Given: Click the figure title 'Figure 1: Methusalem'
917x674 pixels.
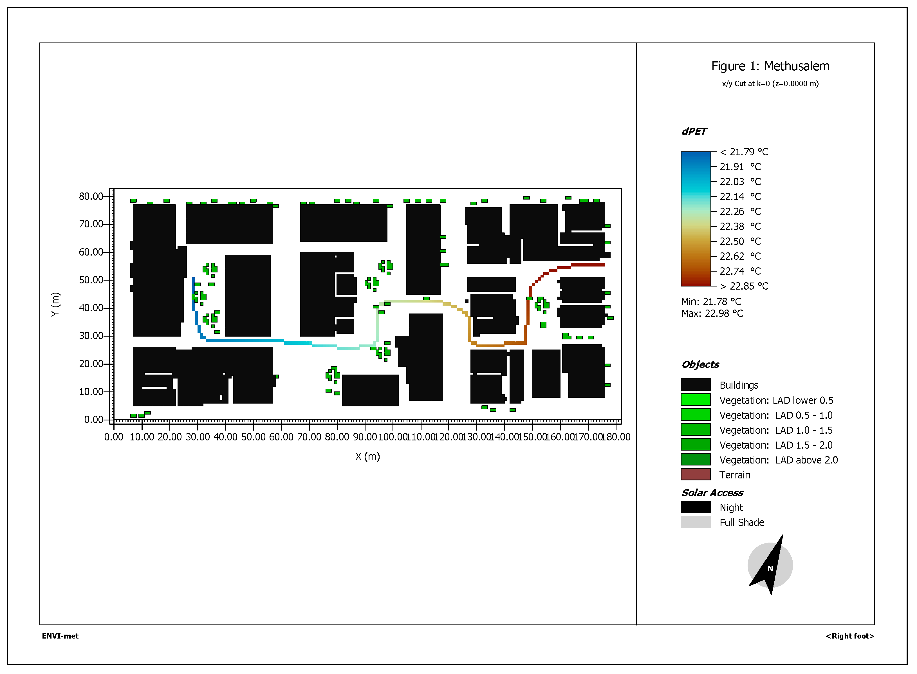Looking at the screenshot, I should pyautogui.click(x=770, y=66).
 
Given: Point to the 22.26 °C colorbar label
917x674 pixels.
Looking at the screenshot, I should pyautogui.click(x=739, y=211).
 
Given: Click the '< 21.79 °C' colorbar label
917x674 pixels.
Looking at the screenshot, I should pyautogui.click(x=744, y=152).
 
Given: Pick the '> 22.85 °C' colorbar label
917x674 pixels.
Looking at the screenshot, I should pyautogui.click(x=744, y=286).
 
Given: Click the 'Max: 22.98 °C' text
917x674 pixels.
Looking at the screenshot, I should pyautogui.click(x=712, y=313).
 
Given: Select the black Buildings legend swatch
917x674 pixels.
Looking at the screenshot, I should pyautogui.click(x=696, y=385).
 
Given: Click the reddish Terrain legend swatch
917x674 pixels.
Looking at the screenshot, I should pyautogui.click(x=696, y=474).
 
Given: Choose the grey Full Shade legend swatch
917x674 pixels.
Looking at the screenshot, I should pyautogui.click(x=696, y=522).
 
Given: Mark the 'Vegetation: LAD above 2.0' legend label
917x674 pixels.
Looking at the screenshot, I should pyautogui.click(x=778, y=460).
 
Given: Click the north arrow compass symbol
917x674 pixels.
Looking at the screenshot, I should pyautogui.click(x=770, y=565).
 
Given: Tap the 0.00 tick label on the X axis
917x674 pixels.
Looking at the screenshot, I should pyautogui.click(x=113, y=437).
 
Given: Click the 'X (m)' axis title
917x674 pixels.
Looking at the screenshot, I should pyautogui.click(x=367, y=456).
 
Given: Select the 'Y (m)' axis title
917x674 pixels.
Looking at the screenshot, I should pyautogui.click(x=55, y=304).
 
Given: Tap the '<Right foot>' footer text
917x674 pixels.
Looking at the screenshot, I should pyautogui.click(x=850, y=636).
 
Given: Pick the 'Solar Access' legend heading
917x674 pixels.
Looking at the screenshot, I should pyautogui.click(x=712, y=492).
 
